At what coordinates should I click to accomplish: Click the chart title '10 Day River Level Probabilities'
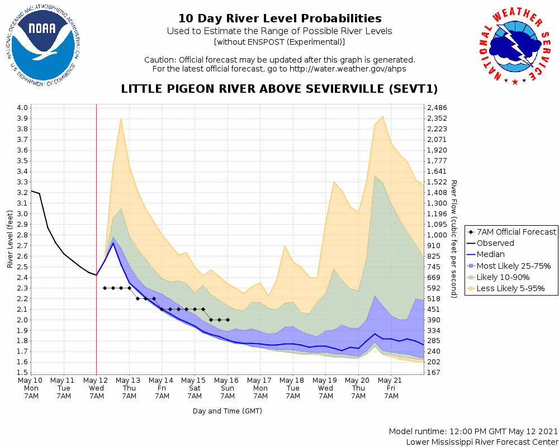tap(279, 18)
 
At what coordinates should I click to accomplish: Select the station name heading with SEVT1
tap(279, 89)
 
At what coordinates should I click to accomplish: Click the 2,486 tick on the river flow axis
tap(437, 108)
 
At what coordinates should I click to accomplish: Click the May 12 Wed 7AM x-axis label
tap(97, 388)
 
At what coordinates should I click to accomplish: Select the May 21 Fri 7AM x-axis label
tap(391, 388)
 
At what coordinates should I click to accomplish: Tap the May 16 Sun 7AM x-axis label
tap(228, 388)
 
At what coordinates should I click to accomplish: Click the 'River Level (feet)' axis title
tap(11, 239)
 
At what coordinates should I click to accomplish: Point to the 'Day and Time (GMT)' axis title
tap(228, 411)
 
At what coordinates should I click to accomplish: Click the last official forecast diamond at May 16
tap(228, 320)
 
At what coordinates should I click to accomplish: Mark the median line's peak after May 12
tap(113, 242)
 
